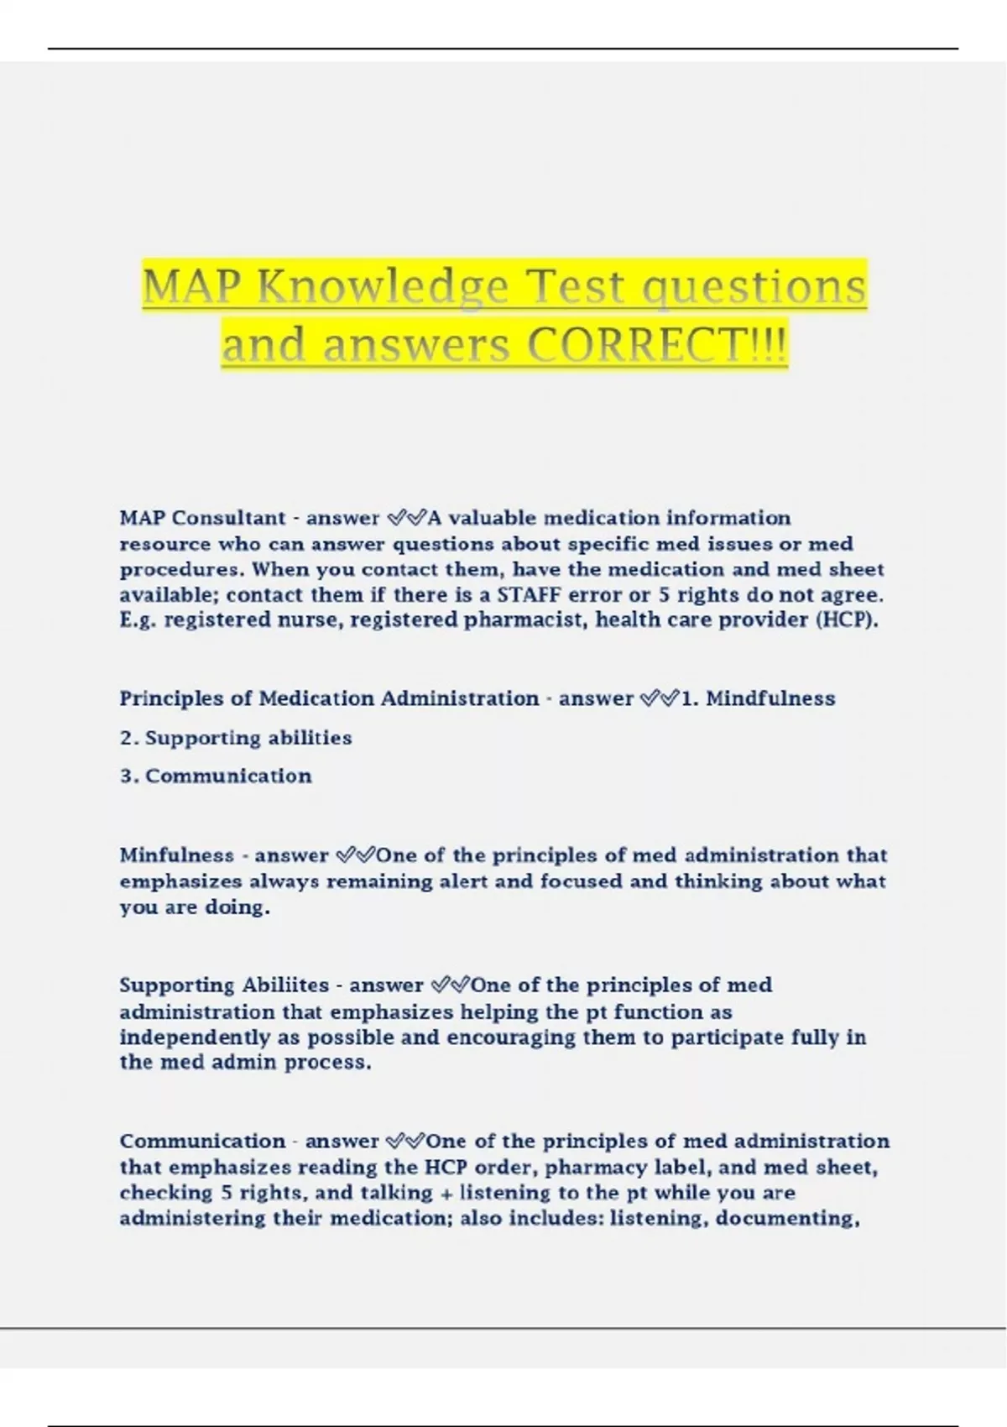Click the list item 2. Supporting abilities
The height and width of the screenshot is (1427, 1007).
click(236, 738)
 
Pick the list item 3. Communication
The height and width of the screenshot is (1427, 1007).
click(216, 776)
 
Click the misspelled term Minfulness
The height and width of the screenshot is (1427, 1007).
click(176, 855)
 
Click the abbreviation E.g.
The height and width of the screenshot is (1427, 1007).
click(138, 620)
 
